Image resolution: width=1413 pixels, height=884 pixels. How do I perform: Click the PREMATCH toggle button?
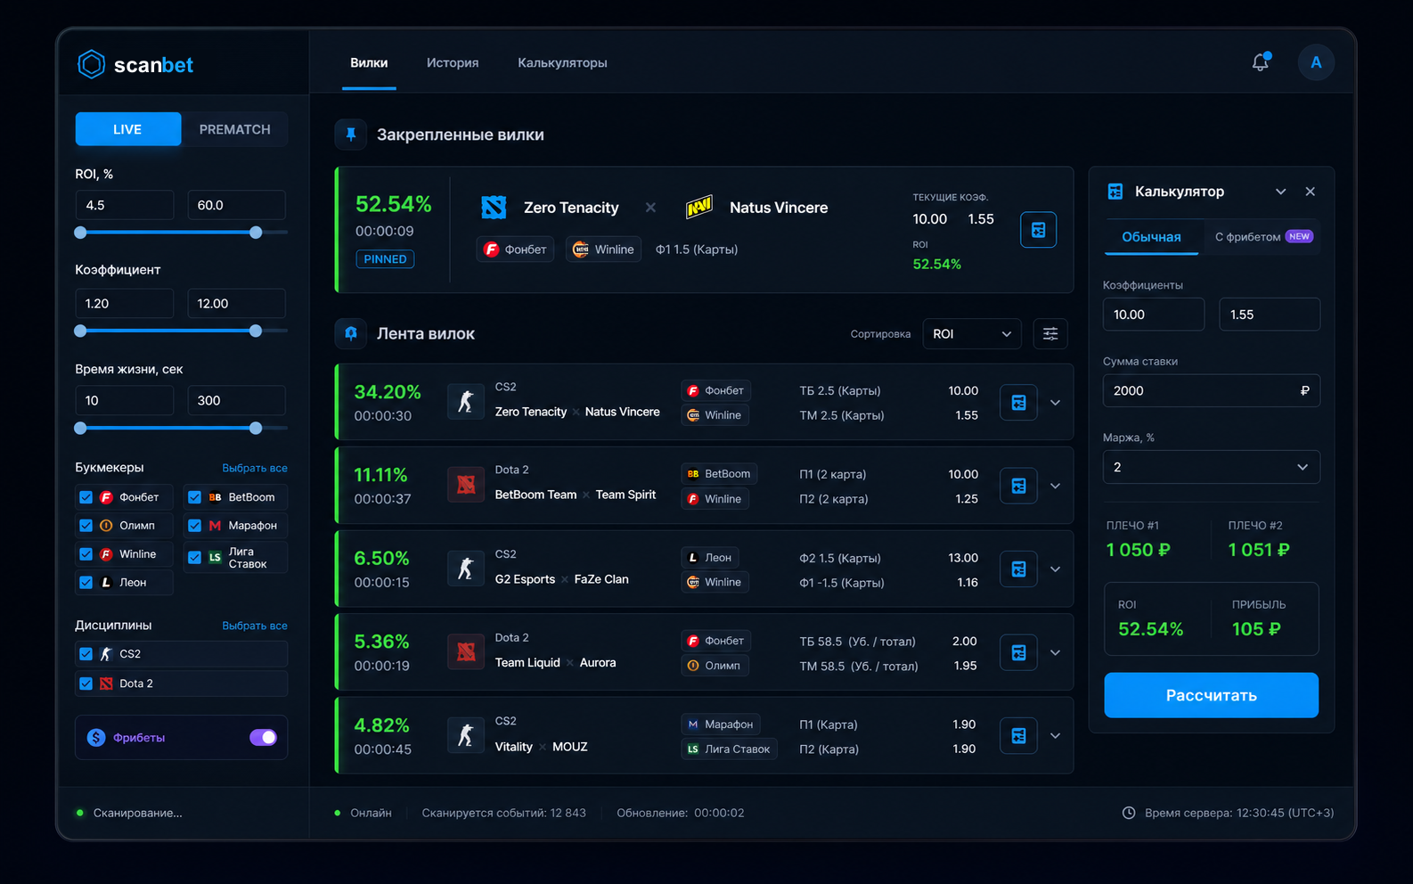234,129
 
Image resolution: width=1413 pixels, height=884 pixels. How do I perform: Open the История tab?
453,62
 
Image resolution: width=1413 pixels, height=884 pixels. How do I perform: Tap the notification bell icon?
1261,61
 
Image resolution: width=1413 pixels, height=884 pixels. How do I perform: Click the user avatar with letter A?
1315,62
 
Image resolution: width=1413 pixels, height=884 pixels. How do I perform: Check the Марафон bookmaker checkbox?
194,526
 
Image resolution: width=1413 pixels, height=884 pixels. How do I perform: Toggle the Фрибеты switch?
263,737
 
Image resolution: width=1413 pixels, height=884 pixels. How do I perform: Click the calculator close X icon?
1311,192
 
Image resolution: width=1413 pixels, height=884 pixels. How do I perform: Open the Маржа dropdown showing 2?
1211,467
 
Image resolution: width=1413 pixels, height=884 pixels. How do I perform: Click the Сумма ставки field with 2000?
1211,390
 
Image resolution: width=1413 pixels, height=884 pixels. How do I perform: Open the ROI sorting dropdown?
971,334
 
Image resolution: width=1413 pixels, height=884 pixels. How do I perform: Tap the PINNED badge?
385,258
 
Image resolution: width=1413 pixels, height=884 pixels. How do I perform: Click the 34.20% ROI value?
388,392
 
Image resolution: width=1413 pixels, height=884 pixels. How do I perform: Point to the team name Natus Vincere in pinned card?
779,208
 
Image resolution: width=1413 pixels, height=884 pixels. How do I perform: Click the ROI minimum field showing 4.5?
124,205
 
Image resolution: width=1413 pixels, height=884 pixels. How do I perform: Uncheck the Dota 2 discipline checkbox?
86,683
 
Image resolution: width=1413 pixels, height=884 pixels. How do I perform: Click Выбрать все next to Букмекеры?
254,468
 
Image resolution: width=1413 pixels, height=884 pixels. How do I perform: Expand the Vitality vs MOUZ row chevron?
1055,736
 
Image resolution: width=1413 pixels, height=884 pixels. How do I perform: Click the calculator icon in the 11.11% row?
1018,486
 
